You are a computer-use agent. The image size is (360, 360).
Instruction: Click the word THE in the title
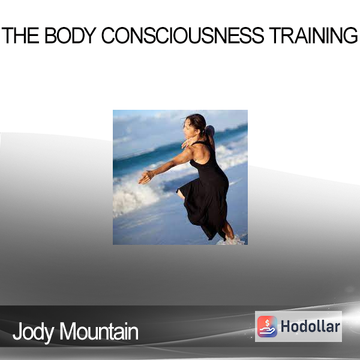pyautogui.click(x=20, y=35)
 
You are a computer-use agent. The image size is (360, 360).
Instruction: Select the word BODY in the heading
pyautogui.click(x=70, y=35)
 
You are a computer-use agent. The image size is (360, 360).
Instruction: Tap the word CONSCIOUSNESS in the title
pyautogui.click(x=183, y=35)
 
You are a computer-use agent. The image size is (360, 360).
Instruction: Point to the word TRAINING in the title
pyautogui.click(x=313, y=35)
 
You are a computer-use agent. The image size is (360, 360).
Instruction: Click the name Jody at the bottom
pyautogui.click(x=34, y=332)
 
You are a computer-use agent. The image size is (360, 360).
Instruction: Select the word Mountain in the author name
pyautogui.click(x=99, y=331)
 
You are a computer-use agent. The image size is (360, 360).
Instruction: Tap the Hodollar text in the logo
pyautogui.click(x=310, y=326)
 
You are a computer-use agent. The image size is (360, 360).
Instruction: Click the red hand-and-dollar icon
pyautogui.click(x=267, y=326)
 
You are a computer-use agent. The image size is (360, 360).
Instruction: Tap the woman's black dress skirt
pyautogui.click(x=205, y=206)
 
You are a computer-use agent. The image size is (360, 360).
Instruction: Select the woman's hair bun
pyautogui.click(x=210, y=130)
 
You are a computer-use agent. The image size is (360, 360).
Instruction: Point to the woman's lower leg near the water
pyautogui.click(x=228, y=230)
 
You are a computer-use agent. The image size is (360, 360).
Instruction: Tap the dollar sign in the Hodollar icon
pyautogui.click(x=267, y=323)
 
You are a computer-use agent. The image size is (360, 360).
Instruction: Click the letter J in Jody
pyautogui.click(x=17, y=331)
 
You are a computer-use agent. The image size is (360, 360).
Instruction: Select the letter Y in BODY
pyautogui.click(x=89, y=35)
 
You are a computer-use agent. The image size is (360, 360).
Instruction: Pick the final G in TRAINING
pyautogui.click(x=350, y=35)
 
